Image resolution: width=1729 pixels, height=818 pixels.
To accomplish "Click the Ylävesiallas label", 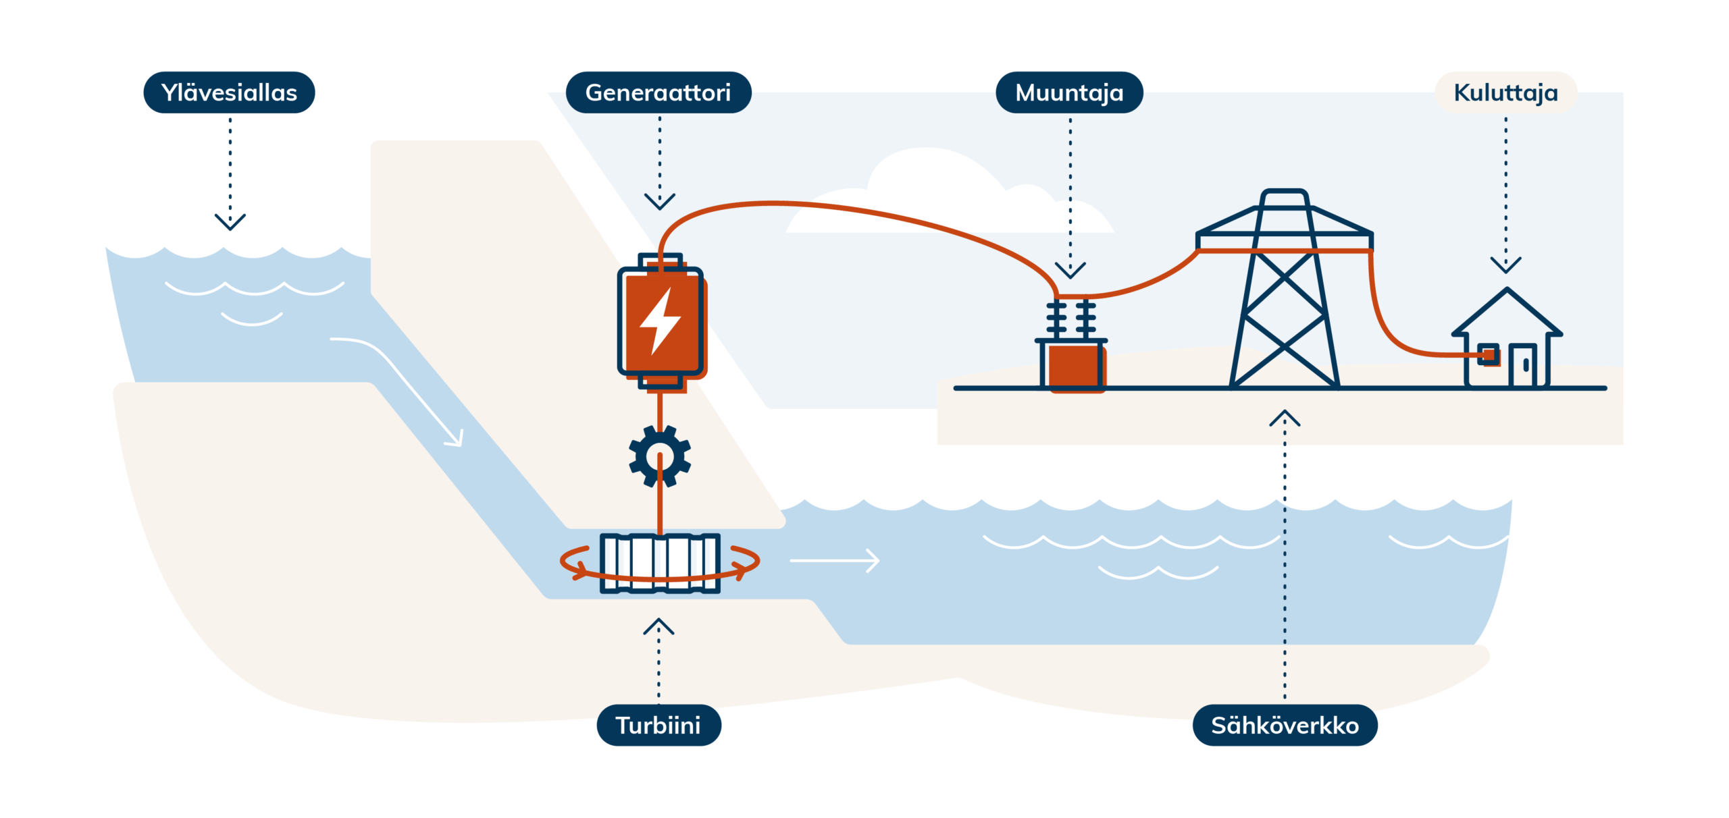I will [x=229, y=92].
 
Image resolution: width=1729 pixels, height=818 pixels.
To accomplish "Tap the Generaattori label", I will [x=659, y=92].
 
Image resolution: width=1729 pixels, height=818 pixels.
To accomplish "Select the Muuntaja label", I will [x=1069, y=92].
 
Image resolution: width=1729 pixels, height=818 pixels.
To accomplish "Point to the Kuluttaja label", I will [x=1505, y=92].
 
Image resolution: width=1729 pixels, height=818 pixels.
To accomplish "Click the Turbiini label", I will [x=659, y=726].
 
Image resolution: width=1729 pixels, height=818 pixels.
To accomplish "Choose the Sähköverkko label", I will [x=1285, y=726].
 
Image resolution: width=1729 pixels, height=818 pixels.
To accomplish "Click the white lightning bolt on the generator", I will [x=660, y=321].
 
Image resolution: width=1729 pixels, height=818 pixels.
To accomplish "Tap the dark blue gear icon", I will [x=660, y=456].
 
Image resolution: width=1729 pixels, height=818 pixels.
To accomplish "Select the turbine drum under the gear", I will [x=660, y=563].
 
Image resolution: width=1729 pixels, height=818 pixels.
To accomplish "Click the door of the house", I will [x=1523, y=366].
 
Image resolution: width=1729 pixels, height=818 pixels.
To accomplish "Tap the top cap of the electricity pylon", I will [x=1285, y=196].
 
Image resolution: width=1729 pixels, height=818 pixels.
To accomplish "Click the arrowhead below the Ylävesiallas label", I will [x=230, y=222].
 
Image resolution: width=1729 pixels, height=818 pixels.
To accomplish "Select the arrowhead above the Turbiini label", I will [x=659, y=626].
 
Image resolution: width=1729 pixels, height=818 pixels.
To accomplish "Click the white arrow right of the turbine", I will [x=835, y=560].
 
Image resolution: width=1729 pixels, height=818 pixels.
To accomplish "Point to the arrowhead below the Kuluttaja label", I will [x=1505, y=265].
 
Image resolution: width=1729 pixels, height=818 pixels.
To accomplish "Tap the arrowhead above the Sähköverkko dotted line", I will [x=1285, y=418].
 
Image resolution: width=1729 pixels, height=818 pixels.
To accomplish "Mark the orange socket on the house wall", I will [x=1488, y=354].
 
